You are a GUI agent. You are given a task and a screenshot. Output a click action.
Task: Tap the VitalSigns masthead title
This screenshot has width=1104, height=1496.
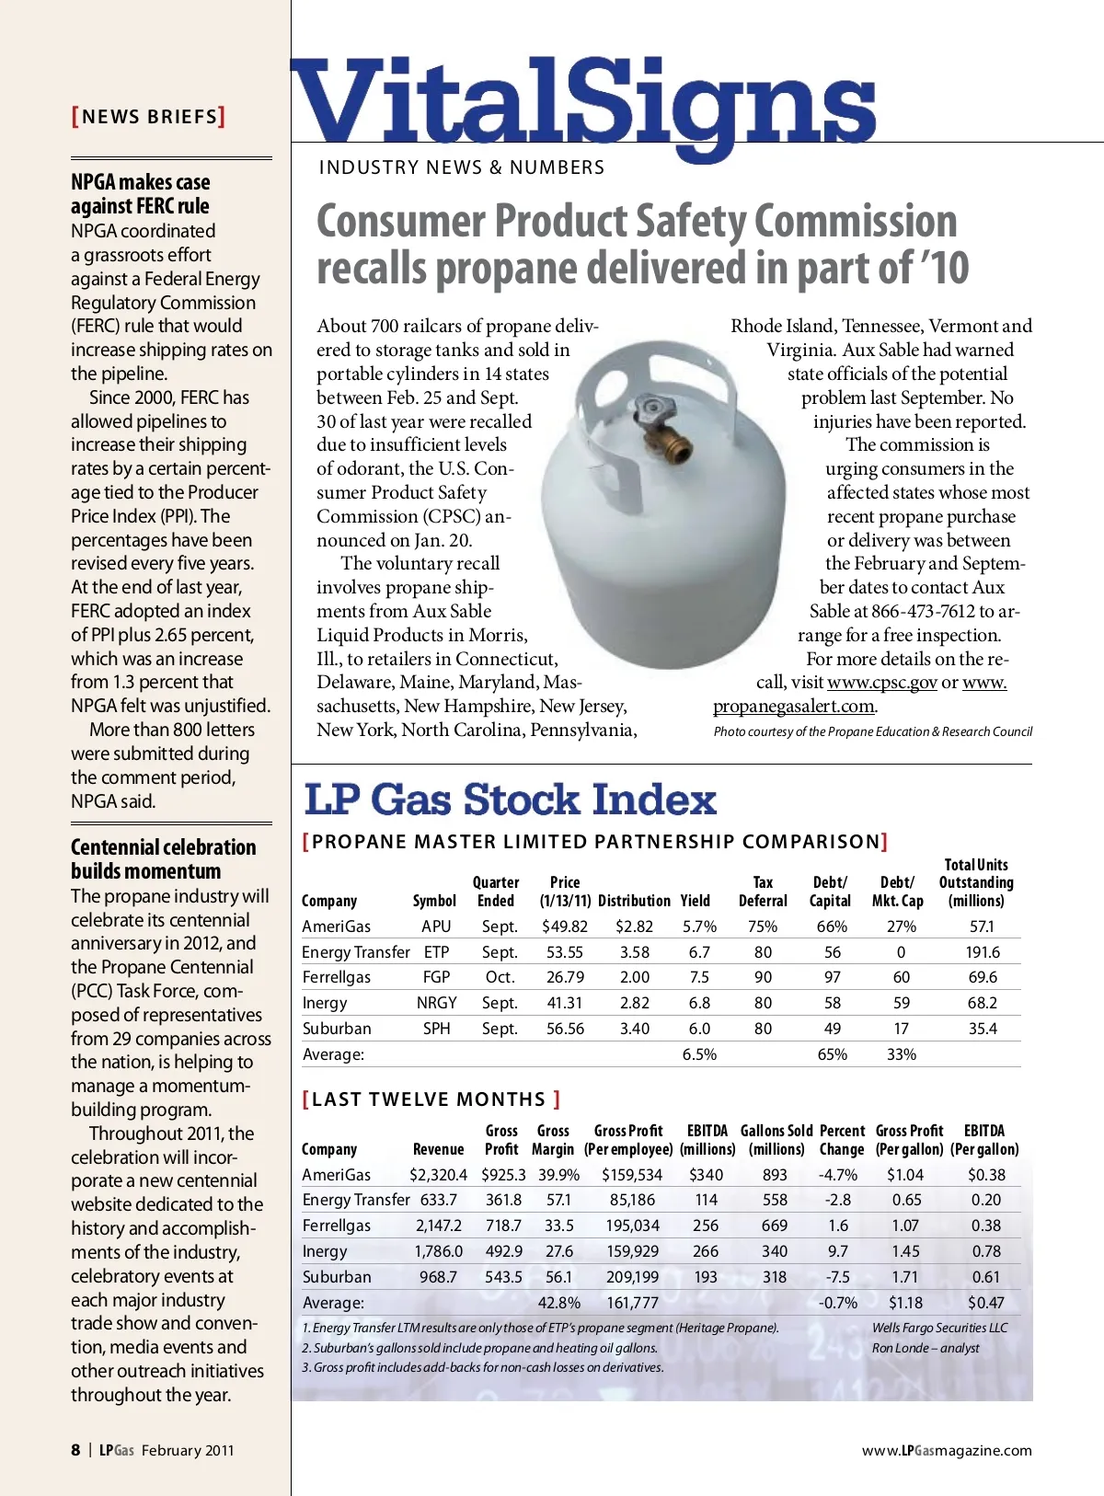tap(583, 103)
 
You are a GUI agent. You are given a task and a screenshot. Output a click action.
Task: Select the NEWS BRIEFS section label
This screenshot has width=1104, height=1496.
tap(149, 117)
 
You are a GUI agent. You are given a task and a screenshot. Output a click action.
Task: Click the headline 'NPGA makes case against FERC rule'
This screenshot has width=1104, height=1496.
tap(141, 194)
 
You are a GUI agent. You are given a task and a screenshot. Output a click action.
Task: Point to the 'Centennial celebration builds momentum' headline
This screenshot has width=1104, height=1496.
tap(163, 859)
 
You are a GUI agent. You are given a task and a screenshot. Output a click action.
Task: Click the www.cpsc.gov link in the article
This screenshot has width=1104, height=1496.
tap(881, 683)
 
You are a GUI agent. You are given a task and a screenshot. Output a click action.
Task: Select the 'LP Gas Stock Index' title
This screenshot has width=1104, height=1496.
tap(510, 800)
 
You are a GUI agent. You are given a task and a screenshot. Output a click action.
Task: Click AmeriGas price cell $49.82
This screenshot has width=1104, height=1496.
tap(564, 926)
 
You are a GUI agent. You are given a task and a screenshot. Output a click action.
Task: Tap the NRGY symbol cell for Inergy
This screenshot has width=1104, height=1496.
tap(436, 1003)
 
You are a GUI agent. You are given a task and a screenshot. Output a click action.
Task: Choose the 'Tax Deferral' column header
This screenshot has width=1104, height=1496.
tap(763, 892)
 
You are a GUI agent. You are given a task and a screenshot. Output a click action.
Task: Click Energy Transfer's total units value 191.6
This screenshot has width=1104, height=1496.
tap(983, 952)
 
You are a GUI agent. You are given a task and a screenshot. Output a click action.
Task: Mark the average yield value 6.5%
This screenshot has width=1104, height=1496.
tap(699, 1054)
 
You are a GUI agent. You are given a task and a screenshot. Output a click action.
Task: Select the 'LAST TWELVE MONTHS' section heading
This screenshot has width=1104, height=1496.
tap(431, 1099)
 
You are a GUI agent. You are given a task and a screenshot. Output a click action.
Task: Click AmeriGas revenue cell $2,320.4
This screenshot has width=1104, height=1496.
tap(438, 1175)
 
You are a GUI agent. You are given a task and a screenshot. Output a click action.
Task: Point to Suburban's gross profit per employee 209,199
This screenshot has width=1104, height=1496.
tap(632, 1277)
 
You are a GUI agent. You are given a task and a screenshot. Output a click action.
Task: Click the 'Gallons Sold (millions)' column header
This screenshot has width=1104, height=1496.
tap(776, 1140)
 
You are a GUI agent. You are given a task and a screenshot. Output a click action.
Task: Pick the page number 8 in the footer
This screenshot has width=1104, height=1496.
tap(75, 1450)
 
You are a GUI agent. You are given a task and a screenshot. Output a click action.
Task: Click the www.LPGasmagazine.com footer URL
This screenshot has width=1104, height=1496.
tap(947, 1451)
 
